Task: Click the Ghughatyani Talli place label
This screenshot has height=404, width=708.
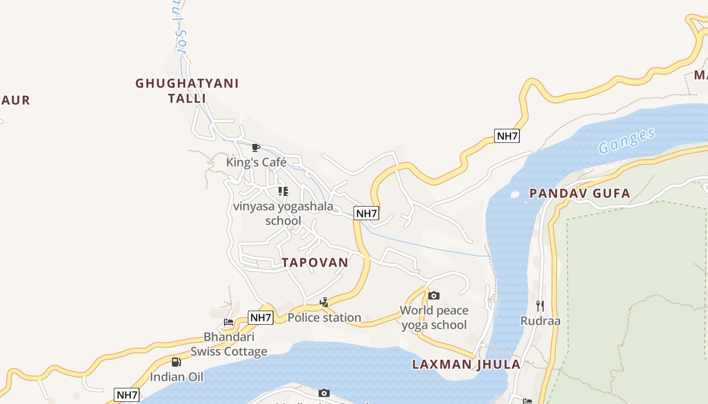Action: [x=187, y=90]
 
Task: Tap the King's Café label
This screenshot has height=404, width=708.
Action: [x=256, y=162]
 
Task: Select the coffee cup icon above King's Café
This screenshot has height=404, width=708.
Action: [x=256, y=147]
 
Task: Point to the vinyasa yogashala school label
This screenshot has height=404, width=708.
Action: [x=283, y=213]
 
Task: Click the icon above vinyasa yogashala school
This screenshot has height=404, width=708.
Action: [x=283, y=191]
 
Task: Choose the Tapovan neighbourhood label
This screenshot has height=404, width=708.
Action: [x=315, y=263]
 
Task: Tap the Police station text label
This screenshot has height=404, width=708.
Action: [x=324, y=318]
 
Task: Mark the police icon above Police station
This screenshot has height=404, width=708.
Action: [x=324, y=302]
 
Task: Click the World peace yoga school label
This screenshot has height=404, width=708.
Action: [x=434, y=318]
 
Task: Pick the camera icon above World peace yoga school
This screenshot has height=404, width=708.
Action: [x=434, y=295]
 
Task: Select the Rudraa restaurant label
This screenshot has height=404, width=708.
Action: [x=541, y=321]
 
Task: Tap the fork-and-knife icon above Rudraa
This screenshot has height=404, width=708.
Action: [x=540, y=306]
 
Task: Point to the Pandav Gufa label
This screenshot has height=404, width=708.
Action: [x=580, y=193]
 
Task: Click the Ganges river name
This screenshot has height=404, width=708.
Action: [x=627, y=141]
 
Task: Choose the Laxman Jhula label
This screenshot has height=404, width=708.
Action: [x=466, y=365]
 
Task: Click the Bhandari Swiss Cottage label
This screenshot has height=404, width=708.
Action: [x=229, y=344]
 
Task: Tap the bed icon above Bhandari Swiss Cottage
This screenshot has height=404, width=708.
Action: [x=229, y=322]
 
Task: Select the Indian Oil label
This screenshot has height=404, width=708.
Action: [x=176, y=377]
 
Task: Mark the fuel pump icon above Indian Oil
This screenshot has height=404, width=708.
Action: [x=176, y=362]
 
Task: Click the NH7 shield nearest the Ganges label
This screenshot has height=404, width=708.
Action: [x=507, y=136]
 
